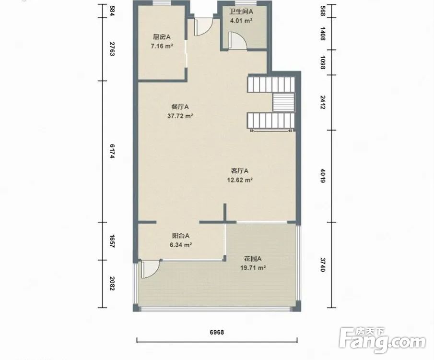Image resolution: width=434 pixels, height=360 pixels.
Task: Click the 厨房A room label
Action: pyautogui.click(x=162, y=37)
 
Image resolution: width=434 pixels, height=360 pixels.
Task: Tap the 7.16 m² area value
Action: pyautogui.click(x=162, y=46)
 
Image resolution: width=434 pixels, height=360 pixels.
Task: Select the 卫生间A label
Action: pyautogui.click(x=241, y=12)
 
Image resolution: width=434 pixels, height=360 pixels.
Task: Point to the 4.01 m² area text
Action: pyautogui.click(x=241, y=21)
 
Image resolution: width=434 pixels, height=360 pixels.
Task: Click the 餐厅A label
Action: pyautogui.click(x=180, y=107)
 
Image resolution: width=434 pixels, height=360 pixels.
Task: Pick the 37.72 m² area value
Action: pyautogui.click(x=180, y=116)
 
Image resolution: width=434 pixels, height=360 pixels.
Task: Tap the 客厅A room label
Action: pyautogui.click(x=240, y=171)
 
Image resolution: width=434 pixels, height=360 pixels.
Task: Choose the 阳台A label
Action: pyautogui.click(x=181, y=236)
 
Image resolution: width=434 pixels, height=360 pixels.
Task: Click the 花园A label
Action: pyautogui.click(x=253, y=259)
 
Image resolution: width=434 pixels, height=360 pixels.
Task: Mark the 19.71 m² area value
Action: pyautogui.click(x=253, y=268)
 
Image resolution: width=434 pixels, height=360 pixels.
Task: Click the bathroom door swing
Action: pyautogui.click(x=237, y=41)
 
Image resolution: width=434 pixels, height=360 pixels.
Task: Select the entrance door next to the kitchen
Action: pyautogui.click(x=203, y=27)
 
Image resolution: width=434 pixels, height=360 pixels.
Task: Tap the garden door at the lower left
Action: pyautogui.click(x=151, y=269)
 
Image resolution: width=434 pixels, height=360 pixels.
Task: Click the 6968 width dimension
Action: pyautogui.click(x=217, y=332)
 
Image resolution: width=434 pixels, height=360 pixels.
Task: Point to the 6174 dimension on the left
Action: pyautogui.click(x=112, y=151)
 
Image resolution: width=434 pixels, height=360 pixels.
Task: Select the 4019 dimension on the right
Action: pyautogui.click(x=322, y=176)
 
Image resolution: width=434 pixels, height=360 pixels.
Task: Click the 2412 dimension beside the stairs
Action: pyautogui.click(x=322, y=102)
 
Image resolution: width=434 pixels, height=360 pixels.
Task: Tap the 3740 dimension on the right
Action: pyautogui.click(x=322, y=264)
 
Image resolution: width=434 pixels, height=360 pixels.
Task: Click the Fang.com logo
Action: pyautogui.click(x=382, y=340)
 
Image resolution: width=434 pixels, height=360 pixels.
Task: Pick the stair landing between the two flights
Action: pyautogui.click(x=284, y=102)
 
